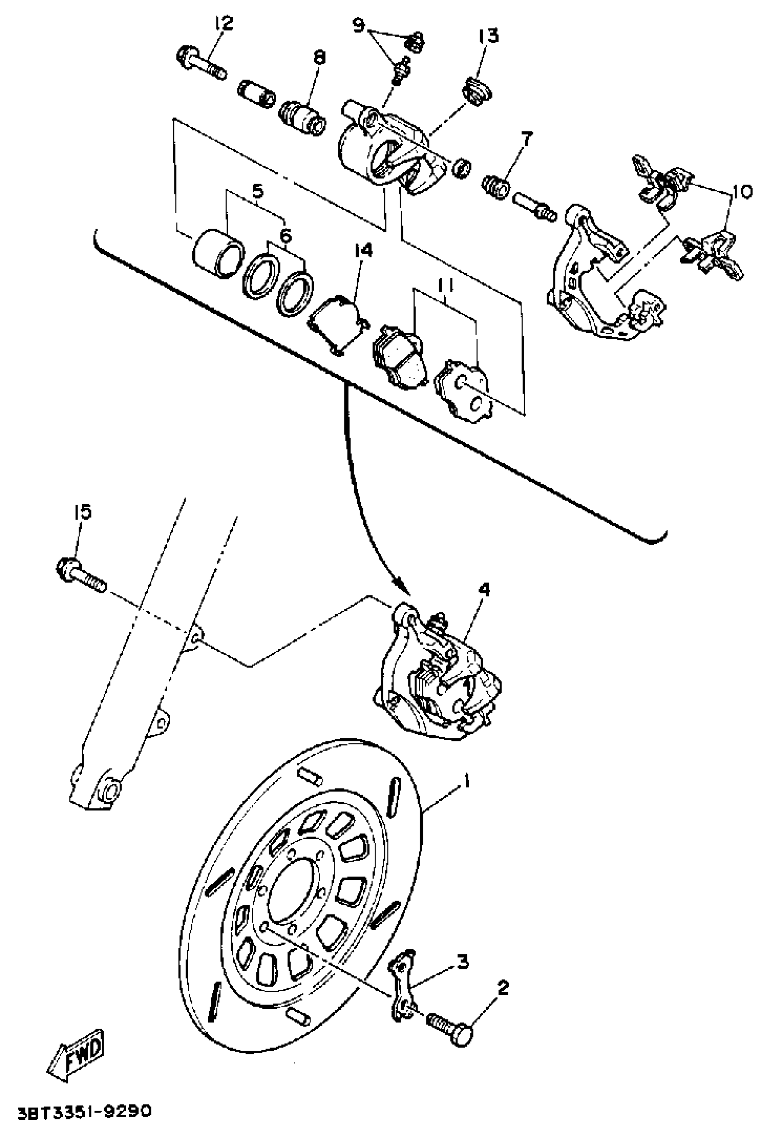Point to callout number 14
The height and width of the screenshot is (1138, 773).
(363, 251)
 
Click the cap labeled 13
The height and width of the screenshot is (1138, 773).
(477, 90)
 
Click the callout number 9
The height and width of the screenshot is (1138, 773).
(359, 24)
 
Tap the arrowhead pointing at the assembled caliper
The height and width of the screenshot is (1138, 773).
(403, 586)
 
